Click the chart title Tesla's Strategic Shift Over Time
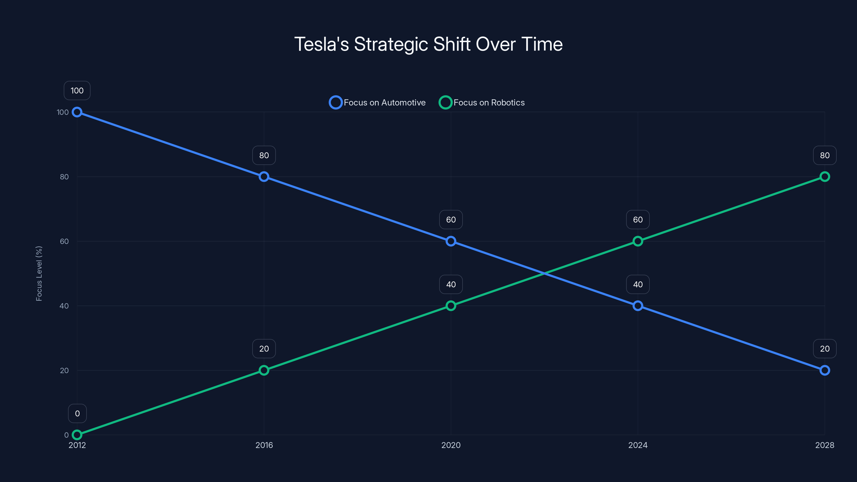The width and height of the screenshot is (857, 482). pyautogui.click(x=428, y=44)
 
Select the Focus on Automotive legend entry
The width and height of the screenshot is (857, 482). pyautogui.click(x=377, y=103)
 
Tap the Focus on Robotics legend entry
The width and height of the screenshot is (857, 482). pyautogui.click(x=482, y=103)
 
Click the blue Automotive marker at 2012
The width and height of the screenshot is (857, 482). pyautogui.click(x=77, y=112)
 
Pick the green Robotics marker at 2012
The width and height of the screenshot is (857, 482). pyautogui.click(x=77, y=435)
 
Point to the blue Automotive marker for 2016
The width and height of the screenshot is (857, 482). pyautogui.click(x=264, y=177)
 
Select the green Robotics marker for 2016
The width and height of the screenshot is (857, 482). pyautogui.click(x=264, y=370)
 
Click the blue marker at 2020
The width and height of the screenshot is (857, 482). pyautogui.click(x=451, y=241)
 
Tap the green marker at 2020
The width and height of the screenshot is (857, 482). pyautogui.click(x=451, y=306)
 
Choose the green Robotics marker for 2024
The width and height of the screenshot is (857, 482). pyautogui.click(x=638, y=241)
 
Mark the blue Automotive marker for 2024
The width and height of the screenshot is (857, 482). pyautogui.click(x=638, y=306)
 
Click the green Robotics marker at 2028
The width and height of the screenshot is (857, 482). pyautogui.click(x=825, y=177)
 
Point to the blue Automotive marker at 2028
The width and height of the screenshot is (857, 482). pyautogui.click(x=825, y=370)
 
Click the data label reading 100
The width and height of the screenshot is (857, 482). pyautogui.click(x=77, y=91)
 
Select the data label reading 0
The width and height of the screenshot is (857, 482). pyautogui.click(x=77, y=413)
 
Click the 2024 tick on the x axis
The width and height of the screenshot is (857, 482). pyautogui.click(x=638, y=445)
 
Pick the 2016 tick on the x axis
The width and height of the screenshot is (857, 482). pyautogui.click(x=264, y=445)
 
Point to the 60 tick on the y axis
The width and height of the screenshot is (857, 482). pyautogui.click(x=64, y=241)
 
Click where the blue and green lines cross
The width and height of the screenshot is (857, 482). pyautogui.click(x=544, y=273)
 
